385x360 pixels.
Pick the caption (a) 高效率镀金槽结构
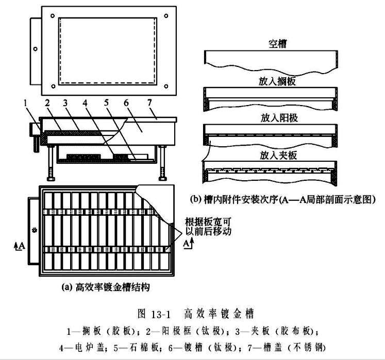(x=106, y=286)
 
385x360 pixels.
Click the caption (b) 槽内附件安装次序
(x=282, y=199)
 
